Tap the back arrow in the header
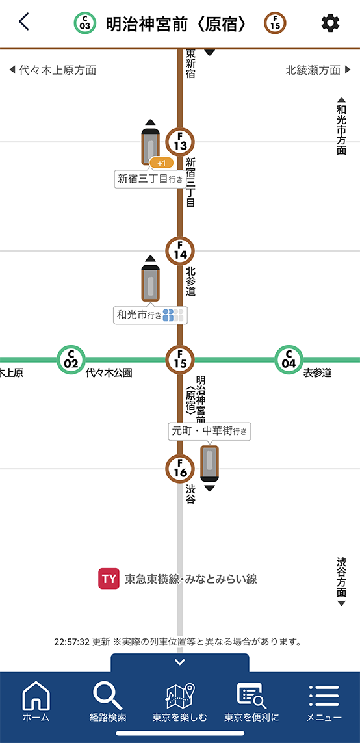tap(23, 22)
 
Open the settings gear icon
tap(330, 23)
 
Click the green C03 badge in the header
tap(84, 23)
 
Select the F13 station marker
tap(180, 142)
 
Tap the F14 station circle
tap(180, 250)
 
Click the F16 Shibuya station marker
tap(180, 469)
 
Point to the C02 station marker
tap(71, 359)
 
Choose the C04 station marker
tap(289, 359)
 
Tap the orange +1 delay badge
tap(162, 163)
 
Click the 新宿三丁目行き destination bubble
tap(149, 179)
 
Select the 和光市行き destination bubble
tap(151, 315)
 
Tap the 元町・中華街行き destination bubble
tap(209, 431)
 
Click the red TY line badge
tap(109, 579)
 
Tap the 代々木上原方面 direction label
tap(53, 71)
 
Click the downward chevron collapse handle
tap(180, 662)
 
